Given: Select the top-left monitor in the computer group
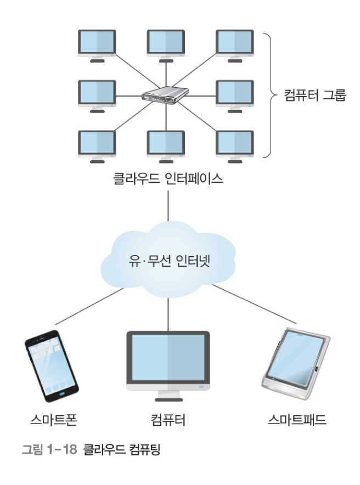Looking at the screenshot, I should coord(97,43).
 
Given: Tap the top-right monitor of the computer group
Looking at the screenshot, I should coord(234,43).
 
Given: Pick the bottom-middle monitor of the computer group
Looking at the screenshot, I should coord(166,144).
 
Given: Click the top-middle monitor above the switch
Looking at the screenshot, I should coord(166,43).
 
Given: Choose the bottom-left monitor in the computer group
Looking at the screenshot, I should coord(97,144).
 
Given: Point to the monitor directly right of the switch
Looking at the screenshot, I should coord(234,93).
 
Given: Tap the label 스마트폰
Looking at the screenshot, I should coord(53,421).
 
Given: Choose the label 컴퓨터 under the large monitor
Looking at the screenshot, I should coord(168,421).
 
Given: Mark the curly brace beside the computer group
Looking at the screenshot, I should coord(268,94).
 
